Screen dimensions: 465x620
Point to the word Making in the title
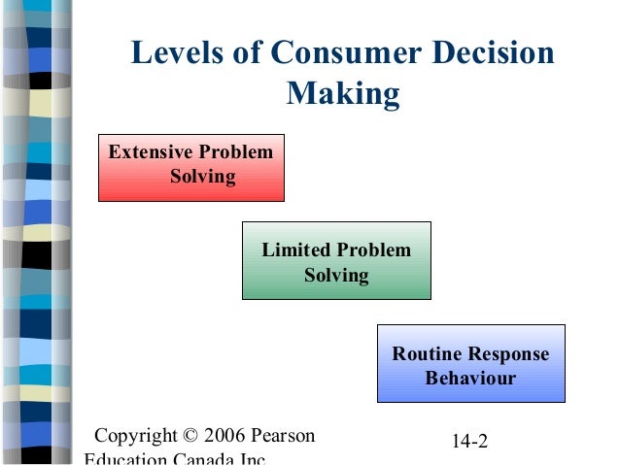click(344, 94)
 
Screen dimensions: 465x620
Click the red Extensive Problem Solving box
click(191, 167)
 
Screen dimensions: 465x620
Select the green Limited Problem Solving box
click(336, 260)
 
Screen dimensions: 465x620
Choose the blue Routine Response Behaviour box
click(470, 363)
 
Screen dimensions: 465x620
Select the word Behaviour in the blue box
click(470, 378)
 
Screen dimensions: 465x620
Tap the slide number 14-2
click(469, 442)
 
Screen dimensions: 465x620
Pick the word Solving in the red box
click(203, 177)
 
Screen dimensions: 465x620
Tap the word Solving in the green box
click(336, 275)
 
